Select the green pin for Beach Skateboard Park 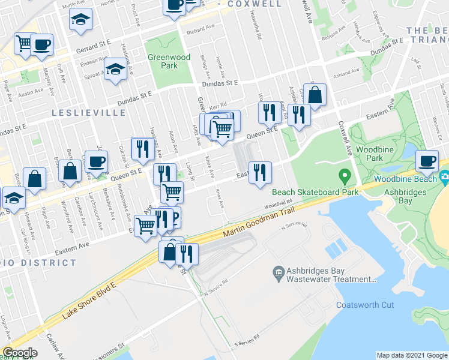[x=345, y=177]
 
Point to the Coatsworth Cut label [x=365, y=305]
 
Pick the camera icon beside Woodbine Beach [x=445, y=177]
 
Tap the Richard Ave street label [x=200, y=29]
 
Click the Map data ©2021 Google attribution [x=412, y=355]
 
